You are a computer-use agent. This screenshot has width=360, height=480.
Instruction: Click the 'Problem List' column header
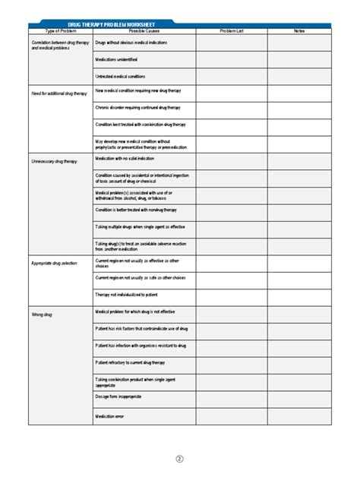[231, 31]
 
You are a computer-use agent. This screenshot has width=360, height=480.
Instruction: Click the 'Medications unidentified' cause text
[116, 59]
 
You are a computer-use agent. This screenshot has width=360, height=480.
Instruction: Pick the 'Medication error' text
[110, 416]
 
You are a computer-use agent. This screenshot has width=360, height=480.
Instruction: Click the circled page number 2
[180, 459]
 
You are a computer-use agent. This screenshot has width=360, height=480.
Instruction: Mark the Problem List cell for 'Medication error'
[231, 416]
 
